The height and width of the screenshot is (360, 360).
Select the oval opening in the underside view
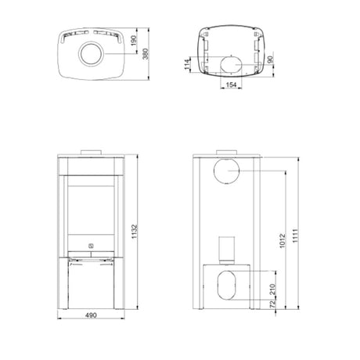(x=231, y=64)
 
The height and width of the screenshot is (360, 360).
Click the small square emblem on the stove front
(x=91, y=245)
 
